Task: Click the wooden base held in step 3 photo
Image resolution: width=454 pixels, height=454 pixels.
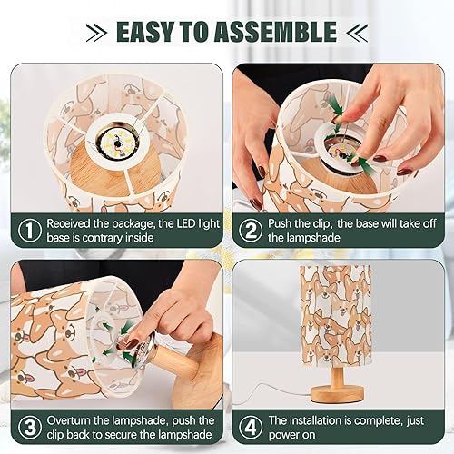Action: pos(195,363)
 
